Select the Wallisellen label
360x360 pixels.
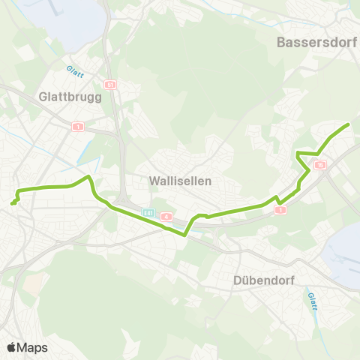coord(181,181)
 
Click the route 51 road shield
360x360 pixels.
coord(109,85)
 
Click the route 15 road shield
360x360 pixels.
coord(320,166)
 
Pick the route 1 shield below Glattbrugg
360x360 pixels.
coord(77,127)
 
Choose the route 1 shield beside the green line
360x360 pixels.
coord(280,210)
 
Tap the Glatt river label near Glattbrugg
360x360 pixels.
coord(73,67)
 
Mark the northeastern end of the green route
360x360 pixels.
coord(349,124)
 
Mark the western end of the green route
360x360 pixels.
coord(12,203)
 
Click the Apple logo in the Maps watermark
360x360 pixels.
coord(12,347)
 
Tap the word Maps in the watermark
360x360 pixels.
coord(33,347)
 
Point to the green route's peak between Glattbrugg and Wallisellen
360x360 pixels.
coord(89,177)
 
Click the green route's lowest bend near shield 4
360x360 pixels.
coord(184,235)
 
